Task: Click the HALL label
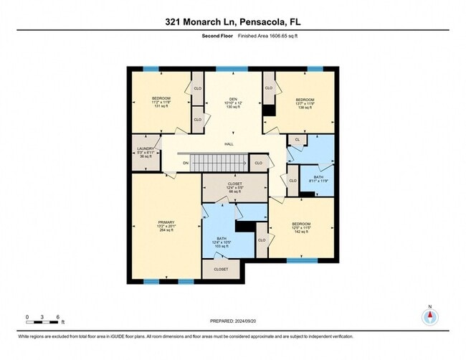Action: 229,144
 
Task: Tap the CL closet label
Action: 297,139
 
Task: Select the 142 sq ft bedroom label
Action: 300,228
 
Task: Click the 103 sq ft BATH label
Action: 222,242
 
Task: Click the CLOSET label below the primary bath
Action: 221,269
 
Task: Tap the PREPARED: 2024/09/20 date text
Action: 232,321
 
